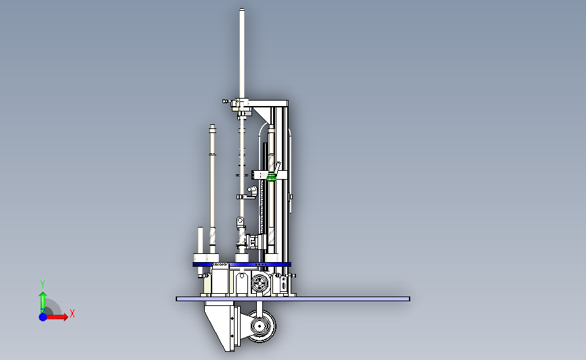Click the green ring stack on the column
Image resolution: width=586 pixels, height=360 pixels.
click(x=271, y=176)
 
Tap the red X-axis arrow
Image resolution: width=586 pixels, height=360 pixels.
click(x=57, y=317)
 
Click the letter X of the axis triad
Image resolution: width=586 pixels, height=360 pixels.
click(x=72, y=313)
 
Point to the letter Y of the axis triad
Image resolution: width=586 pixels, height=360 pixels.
click(x=43, y=284)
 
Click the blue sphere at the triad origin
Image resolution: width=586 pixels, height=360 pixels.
click(x=43, y=317)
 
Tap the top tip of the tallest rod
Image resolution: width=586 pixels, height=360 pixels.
click(x=242, y=9)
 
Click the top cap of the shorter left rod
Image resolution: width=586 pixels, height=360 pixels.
click(x=213, y=126)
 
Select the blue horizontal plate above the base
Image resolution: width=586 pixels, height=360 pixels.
click(x=242, y=264)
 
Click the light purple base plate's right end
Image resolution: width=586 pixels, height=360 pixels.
click(x=410, y=299)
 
